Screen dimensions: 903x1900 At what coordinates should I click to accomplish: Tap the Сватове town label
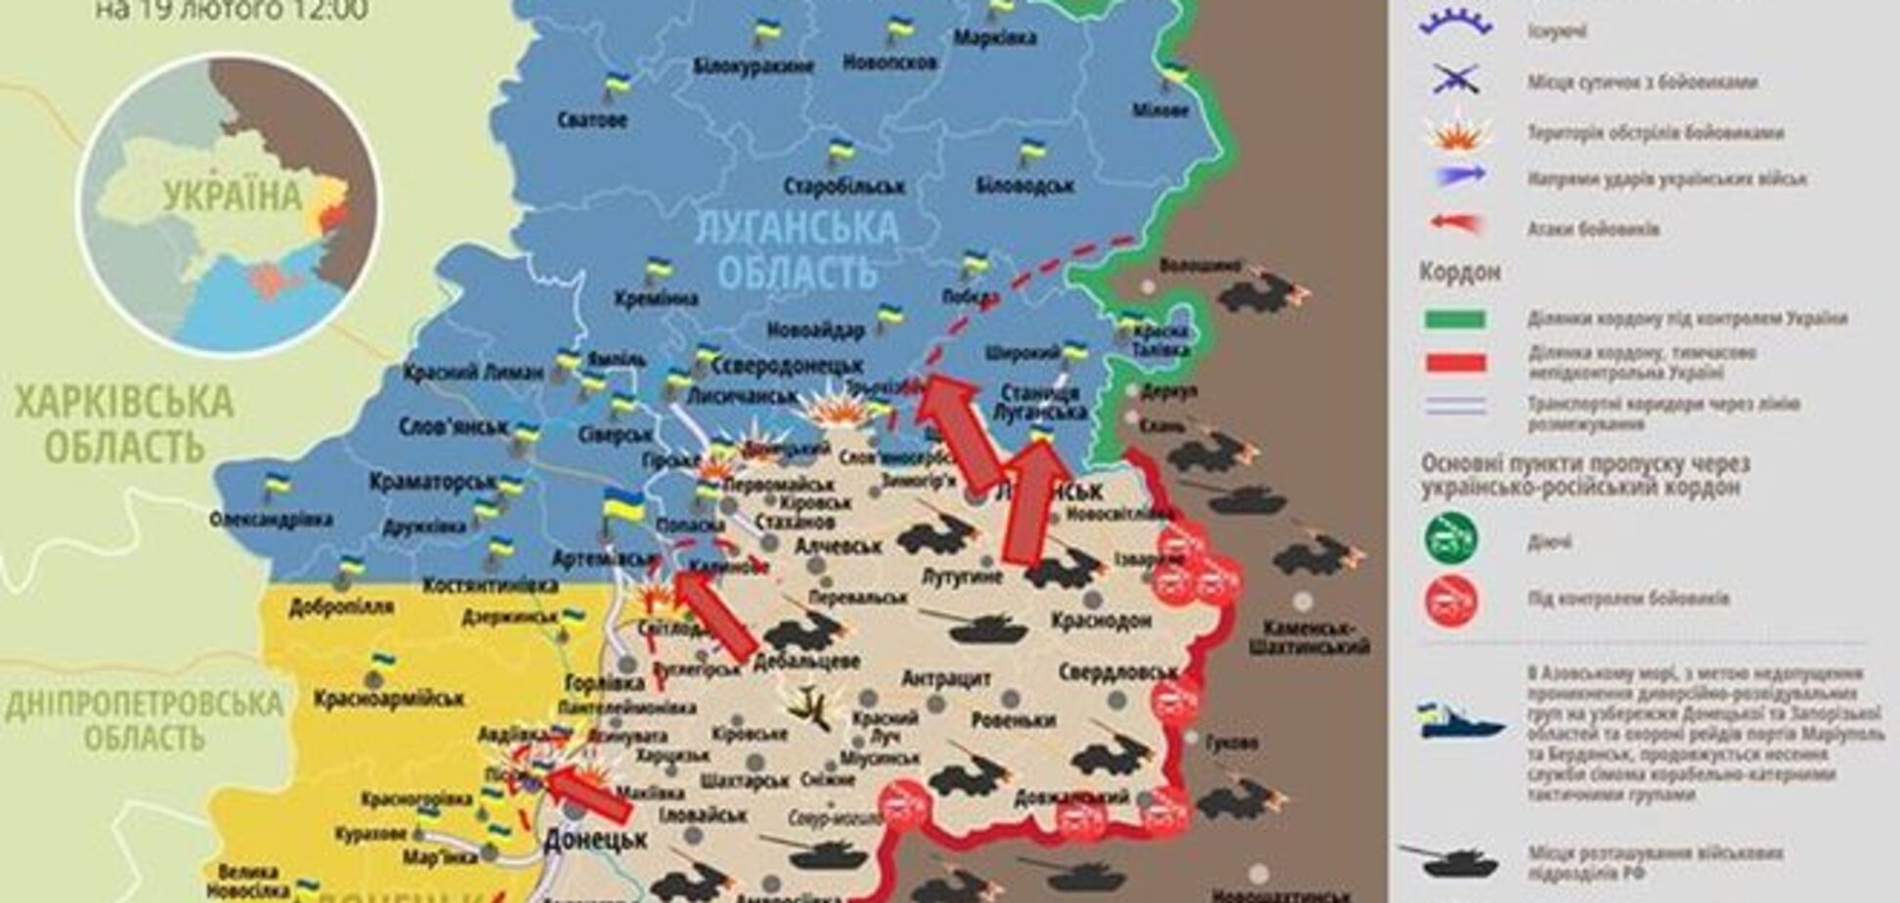tap(592, 121)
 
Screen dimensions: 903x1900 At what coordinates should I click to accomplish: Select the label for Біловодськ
tap(1025, 185)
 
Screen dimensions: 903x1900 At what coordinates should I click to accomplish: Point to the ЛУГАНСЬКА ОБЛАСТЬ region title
tap(796, 248)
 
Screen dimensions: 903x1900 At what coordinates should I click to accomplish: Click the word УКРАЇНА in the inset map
tap(233, 196)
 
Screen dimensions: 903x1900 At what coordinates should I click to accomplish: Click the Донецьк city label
tap(595, 838)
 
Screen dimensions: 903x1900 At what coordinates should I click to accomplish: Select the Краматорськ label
tap(432, 482)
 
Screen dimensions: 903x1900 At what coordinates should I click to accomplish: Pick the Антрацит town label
tap(946, 678)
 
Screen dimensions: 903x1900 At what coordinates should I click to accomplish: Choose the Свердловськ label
tap(1117, 672)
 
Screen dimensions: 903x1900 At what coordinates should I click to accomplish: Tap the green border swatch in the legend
tap(1455, 319)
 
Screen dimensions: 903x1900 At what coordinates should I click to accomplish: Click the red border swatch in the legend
tap(1455, 364)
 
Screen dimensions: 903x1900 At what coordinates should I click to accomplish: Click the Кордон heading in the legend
tap(1459, 273)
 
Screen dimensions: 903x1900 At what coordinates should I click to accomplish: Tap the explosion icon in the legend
tap(1457, 133)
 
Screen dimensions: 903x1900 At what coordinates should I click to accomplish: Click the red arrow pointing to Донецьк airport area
tap(587, 794)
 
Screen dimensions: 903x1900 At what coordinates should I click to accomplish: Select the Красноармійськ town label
tap(388, 699)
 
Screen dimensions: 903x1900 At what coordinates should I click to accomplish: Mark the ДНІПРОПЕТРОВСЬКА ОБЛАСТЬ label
tap(144, 719)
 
